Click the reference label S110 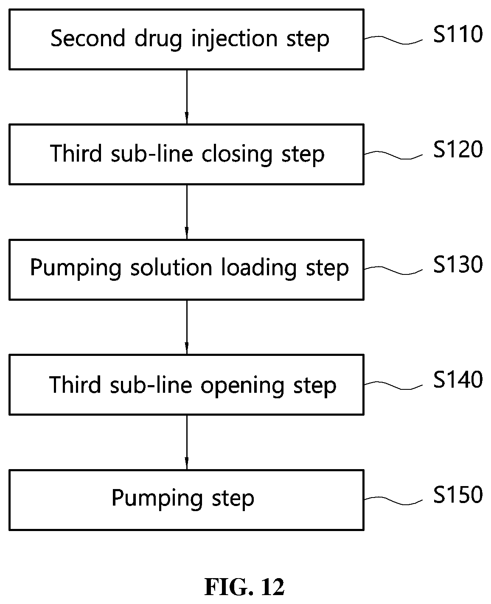pos(458,34)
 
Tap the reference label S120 pos(458,149)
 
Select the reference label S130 pos(458,264)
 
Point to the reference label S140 pos(458,380)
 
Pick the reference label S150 pos(458,495)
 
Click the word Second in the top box pos(88,38)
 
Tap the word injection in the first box pos(234,39)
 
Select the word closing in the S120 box pos(237,154)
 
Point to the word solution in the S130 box pos(171,267)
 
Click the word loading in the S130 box pos(259,268)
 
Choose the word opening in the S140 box pos(242,386)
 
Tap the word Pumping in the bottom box pos(157,498)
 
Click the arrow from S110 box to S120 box pos(187,97)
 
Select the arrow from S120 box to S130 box pos(187,212)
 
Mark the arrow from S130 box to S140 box pos(187,327)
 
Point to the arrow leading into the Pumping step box pos(187,442)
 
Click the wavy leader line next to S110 pos(393,40)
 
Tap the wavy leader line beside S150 pos(393,501)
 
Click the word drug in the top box pos(158,39)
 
